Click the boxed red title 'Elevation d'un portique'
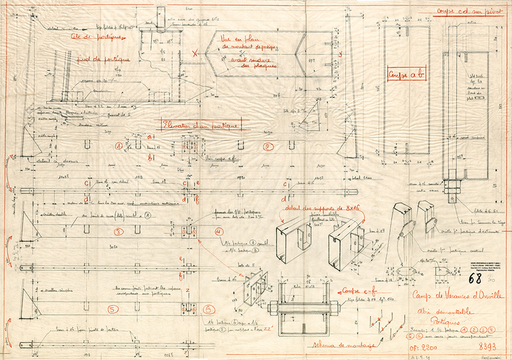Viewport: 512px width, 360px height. coord(201,125)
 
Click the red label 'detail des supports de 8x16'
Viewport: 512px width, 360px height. coord(314,209)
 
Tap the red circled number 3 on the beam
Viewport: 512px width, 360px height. coord(118,232)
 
